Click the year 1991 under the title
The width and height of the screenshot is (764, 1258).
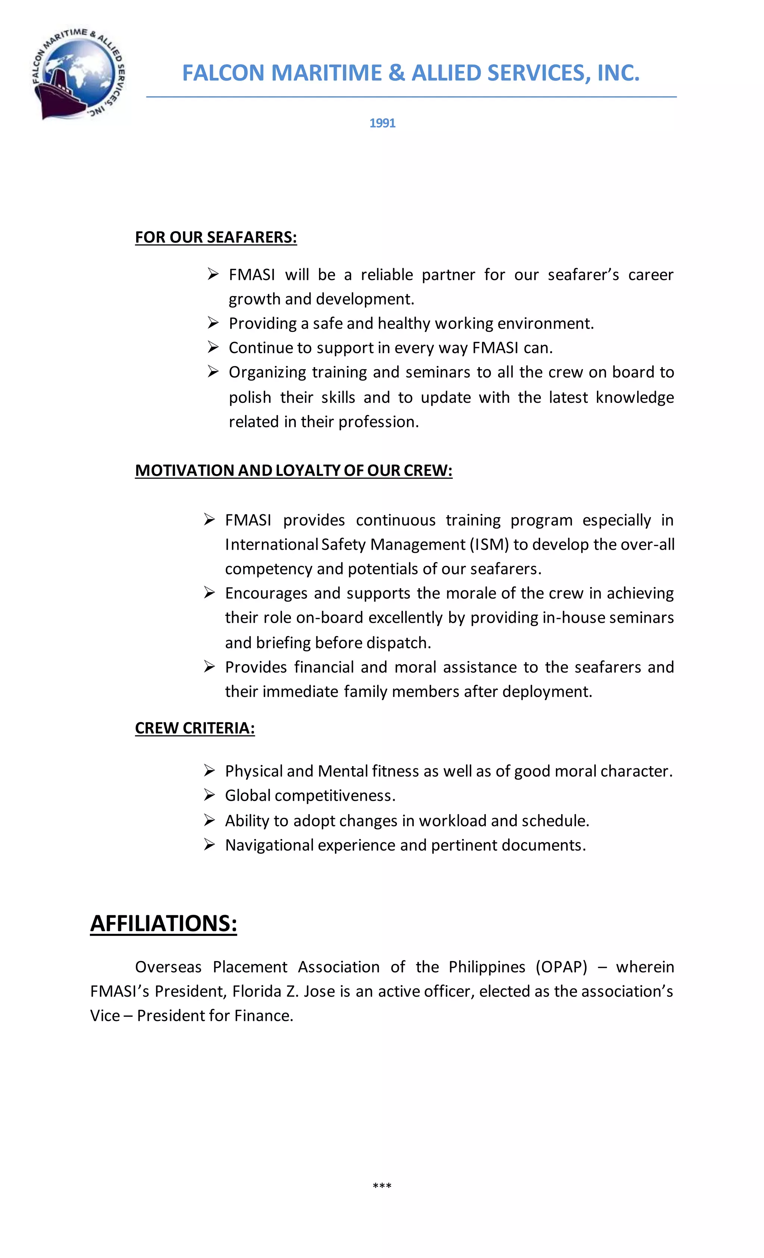click(382, 123)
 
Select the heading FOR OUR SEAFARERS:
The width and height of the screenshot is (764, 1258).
click(216, 238)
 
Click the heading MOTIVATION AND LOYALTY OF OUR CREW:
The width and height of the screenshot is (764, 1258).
click(293, 470)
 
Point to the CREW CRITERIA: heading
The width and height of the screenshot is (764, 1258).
click(195, 728)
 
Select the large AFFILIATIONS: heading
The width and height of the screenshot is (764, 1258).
click(163, 923)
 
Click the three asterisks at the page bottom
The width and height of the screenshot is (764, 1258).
click(382, 1186)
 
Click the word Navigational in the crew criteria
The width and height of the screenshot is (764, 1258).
click(269, 845)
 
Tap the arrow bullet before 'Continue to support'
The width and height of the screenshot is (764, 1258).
click(213, 347)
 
